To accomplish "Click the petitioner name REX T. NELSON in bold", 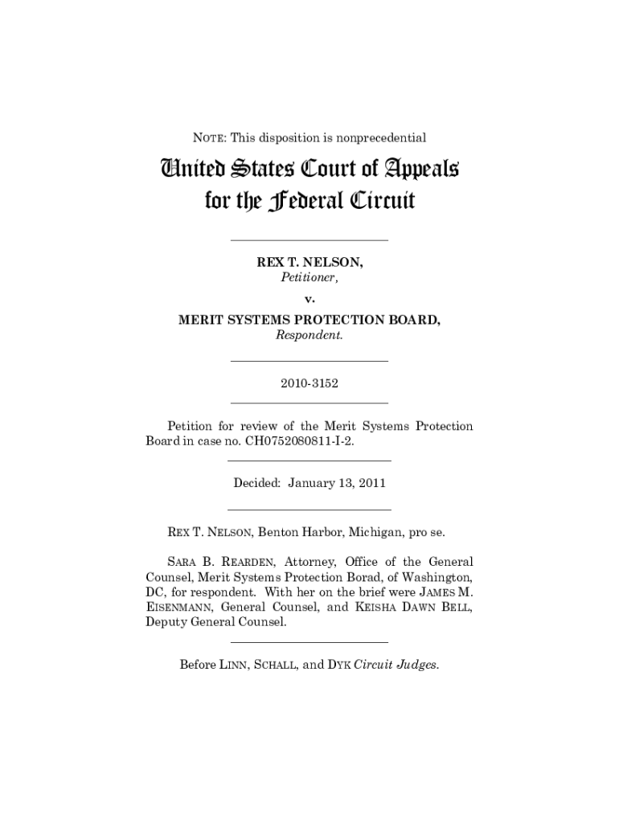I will pyautogui.click(x=309, y=263).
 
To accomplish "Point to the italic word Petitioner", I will pyautogui.click(x=309, y=278).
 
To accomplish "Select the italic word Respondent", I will pyautogui.click(x=309, y=335).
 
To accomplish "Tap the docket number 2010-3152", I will pyautogui.click(x=309, y=383).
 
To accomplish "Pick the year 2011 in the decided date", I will pyautogui.click(x=371, y=483).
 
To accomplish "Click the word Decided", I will pyautogui.click(x=257, y=483).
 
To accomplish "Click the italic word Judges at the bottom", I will pyautogui.click(x=418, y=665).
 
